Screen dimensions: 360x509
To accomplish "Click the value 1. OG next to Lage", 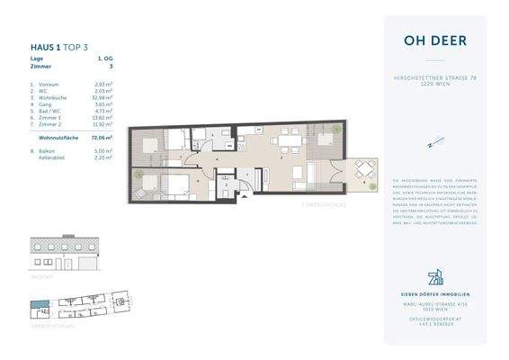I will tap(105, 58).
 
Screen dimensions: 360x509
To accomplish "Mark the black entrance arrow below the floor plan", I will tap(244, 198).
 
